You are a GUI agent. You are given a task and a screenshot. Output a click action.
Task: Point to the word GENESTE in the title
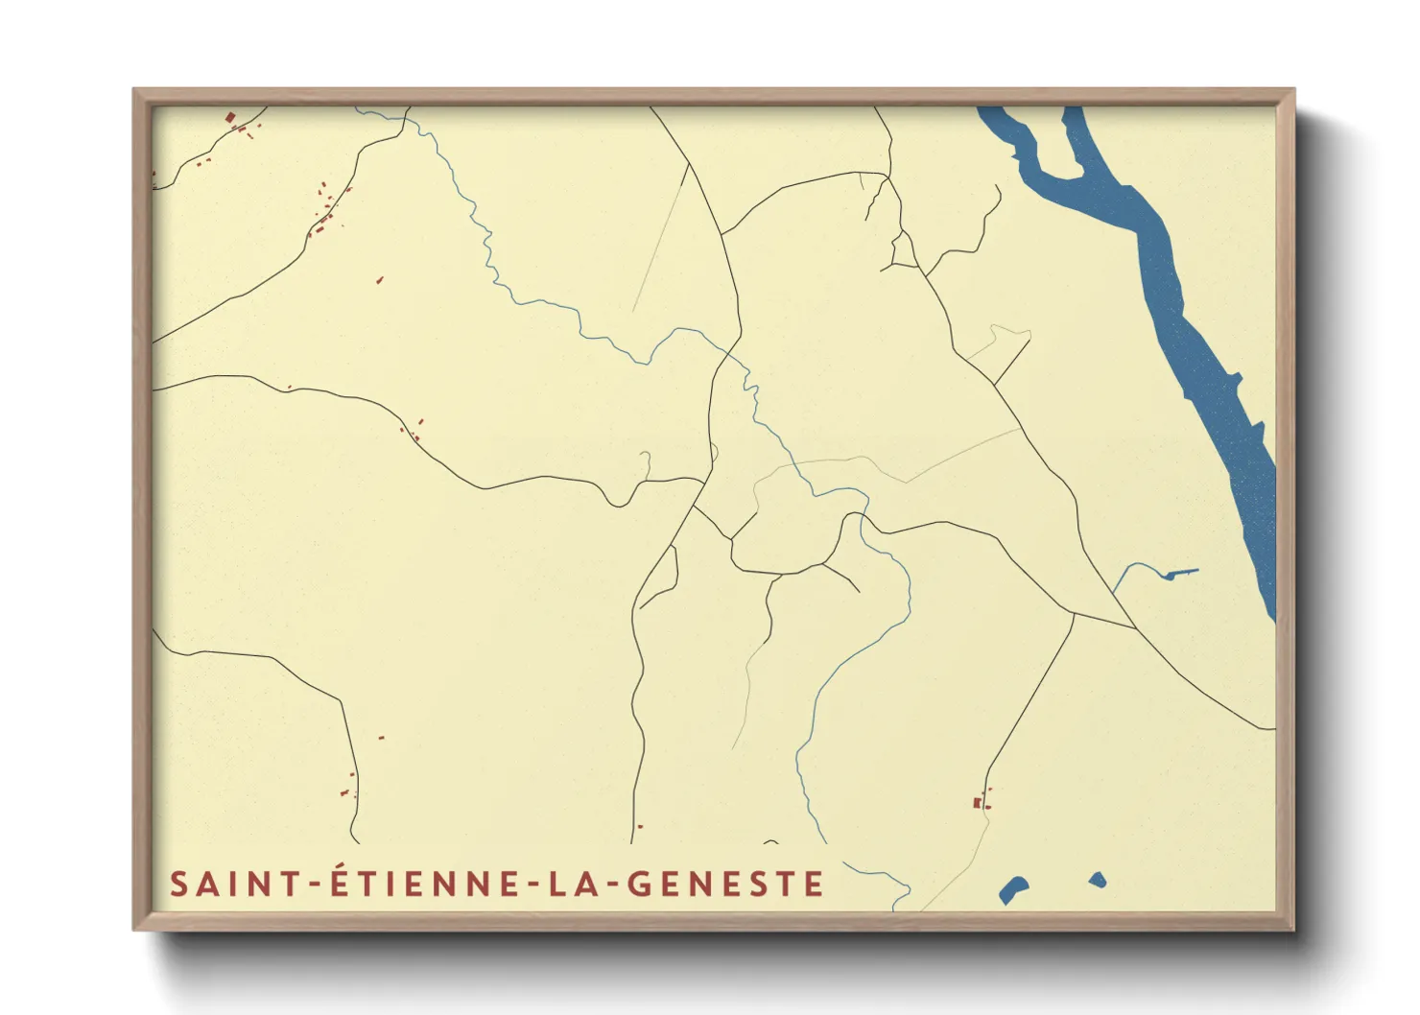tap(725, 884)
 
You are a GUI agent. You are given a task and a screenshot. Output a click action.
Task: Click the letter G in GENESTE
tap(640, 884)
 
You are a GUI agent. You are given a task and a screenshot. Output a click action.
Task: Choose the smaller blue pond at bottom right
tap(1098, 879)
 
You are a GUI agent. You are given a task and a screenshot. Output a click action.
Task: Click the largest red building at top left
tap(230, 118)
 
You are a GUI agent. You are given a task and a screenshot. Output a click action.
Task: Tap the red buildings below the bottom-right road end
tap(980, 802)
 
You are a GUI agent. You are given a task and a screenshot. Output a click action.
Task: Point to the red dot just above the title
tap(640, 826)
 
